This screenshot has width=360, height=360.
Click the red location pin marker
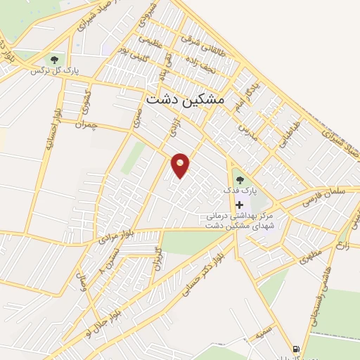(181, 164)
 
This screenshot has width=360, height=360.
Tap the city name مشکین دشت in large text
(185, 101)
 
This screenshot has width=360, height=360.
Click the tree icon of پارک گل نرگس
(55, 59)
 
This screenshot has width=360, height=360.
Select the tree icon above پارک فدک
(237, 179)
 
